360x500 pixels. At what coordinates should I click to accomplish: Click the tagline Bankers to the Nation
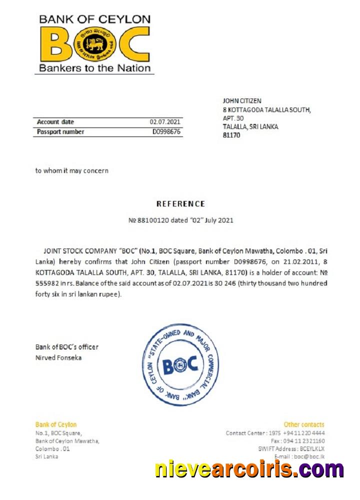click(x=94, y=68)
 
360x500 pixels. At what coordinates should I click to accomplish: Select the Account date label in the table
click(x=55, y=122)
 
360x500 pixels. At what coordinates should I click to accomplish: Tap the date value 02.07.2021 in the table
click(x=165, y=122)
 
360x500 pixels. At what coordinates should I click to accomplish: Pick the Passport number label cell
click(x=60, y=132)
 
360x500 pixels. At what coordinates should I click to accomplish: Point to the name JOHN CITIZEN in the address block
click(x=242, y=101)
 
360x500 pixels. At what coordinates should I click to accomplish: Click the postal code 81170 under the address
click(x=231, y=135)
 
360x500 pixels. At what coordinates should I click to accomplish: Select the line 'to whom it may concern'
click(x=71, y=170)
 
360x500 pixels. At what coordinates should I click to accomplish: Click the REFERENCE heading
click(x=180, y=204)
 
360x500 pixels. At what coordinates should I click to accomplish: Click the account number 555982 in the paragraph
click(x=46, y=283)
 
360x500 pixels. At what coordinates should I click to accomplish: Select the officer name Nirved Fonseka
click(x=58, y=357)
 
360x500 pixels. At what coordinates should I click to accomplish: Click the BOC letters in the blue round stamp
click(x=179, y=364)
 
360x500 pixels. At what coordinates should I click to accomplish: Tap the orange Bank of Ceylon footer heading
click(x=56, y=424)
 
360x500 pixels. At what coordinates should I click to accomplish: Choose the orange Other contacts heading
click(x=303, y=424)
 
